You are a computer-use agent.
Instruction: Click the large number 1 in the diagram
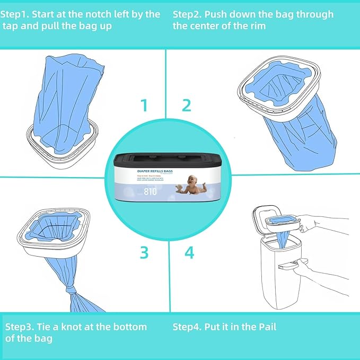[144, 105]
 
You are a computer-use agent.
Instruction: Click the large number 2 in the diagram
[186, 105]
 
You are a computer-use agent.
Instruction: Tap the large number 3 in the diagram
[144, 252]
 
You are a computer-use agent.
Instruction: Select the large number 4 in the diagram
[189, 252]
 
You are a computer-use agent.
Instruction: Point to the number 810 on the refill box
[150, 192]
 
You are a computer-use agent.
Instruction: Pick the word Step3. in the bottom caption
[21, 327]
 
